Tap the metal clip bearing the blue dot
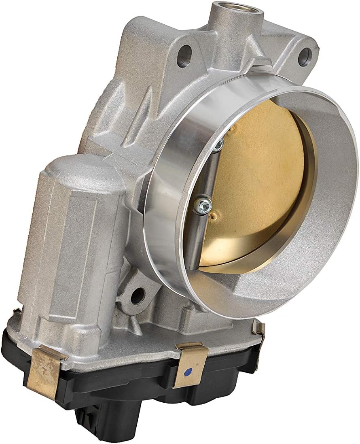[x=191, y=364]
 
